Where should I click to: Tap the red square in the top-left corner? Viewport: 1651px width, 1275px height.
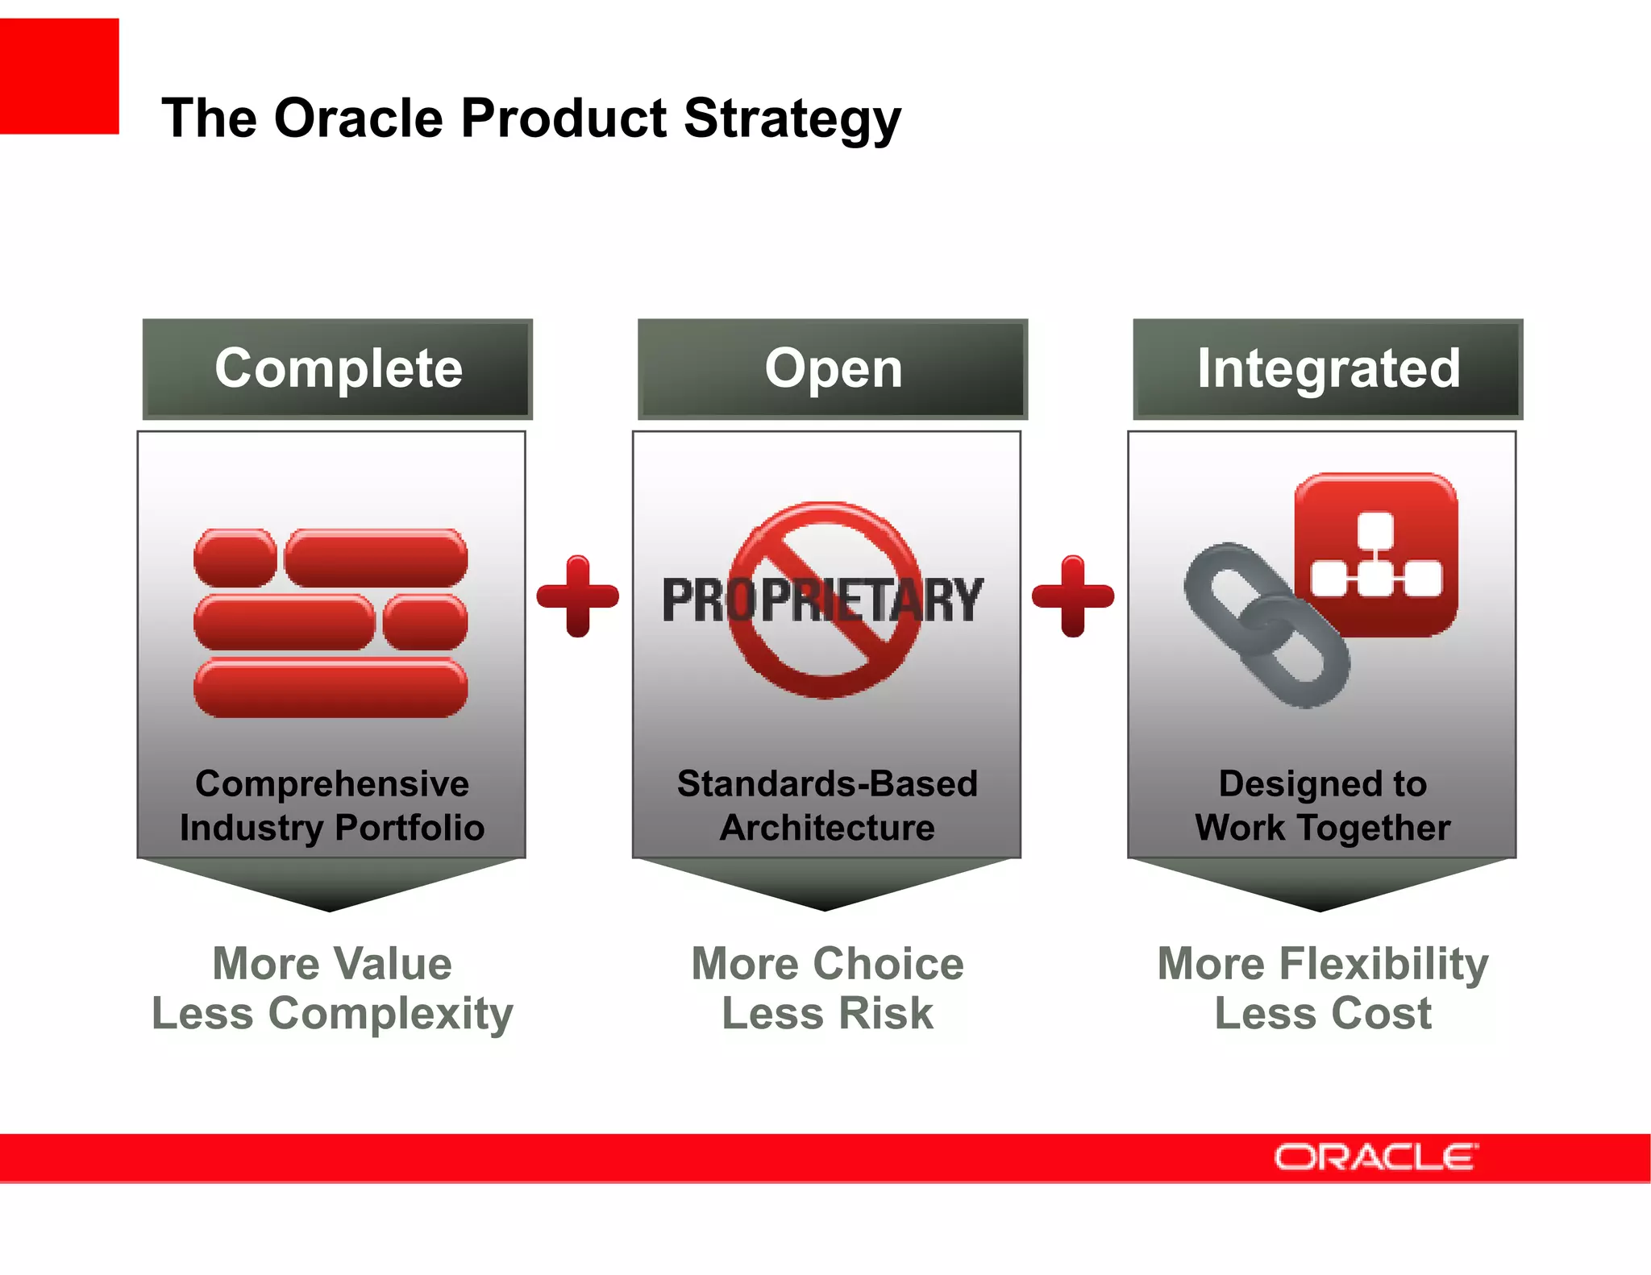coord(59,77)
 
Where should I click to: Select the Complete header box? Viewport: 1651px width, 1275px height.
coord(338,369)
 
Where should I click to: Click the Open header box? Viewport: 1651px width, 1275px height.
coord(833,369)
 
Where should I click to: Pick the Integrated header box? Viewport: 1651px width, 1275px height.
coord(1328,369)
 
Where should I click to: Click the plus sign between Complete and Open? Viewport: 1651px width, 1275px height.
coord(577,596)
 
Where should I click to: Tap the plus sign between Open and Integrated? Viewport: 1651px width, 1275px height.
coord(1073,596)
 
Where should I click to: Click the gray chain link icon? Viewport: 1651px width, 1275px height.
coord(1266,625)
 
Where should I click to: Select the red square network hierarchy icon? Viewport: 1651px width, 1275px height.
coord(1376,554)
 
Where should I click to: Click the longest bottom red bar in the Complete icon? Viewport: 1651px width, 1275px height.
coord(331,687)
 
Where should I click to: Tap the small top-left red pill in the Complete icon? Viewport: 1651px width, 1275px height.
coord(235,558)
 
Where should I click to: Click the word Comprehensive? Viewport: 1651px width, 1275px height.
coord(332,783)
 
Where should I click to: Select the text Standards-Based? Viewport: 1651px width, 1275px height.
coord(827,783)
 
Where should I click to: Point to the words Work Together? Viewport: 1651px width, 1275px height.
coord(1322,828)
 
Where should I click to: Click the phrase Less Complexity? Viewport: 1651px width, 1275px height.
coord(332,1013)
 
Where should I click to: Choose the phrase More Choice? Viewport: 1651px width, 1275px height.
coord(827,964)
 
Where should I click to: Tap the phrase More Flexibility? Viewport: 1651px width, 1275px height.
coord(1322,964)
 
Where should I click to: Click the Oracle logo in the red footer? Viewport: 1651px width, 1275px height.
coord(1375,1157)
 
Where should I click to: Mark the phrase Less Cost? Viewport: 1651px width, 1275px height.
coord(1322,1013)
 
